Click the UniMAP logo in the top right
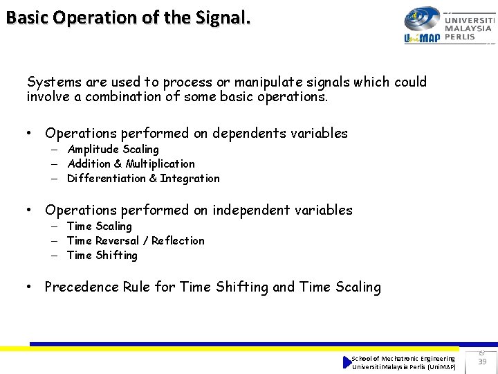point(423,26)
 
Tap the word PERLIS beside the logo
point(461,37)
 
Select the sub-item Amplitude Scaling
point(113,150)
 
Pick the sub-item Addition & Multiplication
point(131,164)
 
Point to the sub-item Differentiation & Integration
point(143,179)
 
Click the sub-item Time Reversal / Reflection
point(136,241)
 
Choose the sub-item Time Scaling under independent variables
point(99,226)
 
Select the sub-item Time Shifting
point(102,256)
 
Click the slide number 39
point(482,362)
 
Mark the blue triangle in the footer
point(347,362)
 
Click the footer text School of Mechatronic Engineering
point(403,358)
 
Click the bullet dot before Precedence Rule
point(30,287)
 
